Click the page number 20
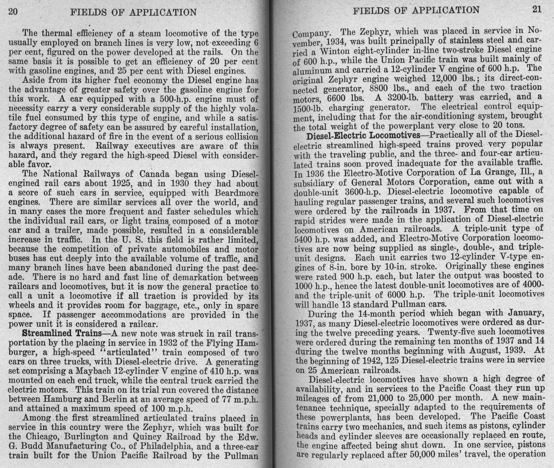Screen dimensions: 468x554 pyautogui.click(x=13, y=12)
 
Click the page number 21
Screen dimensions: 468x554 pyautogui.click(x=537, y=9)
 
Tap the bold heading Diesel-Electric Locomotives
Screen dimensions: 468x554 pyautogui.click(x=363, y=135)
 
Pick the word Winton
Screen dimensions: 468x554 pyautogui.click(x=332, y=51)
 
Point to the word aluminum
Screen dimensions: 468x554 pyautogui.click(x=311, y=70)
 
